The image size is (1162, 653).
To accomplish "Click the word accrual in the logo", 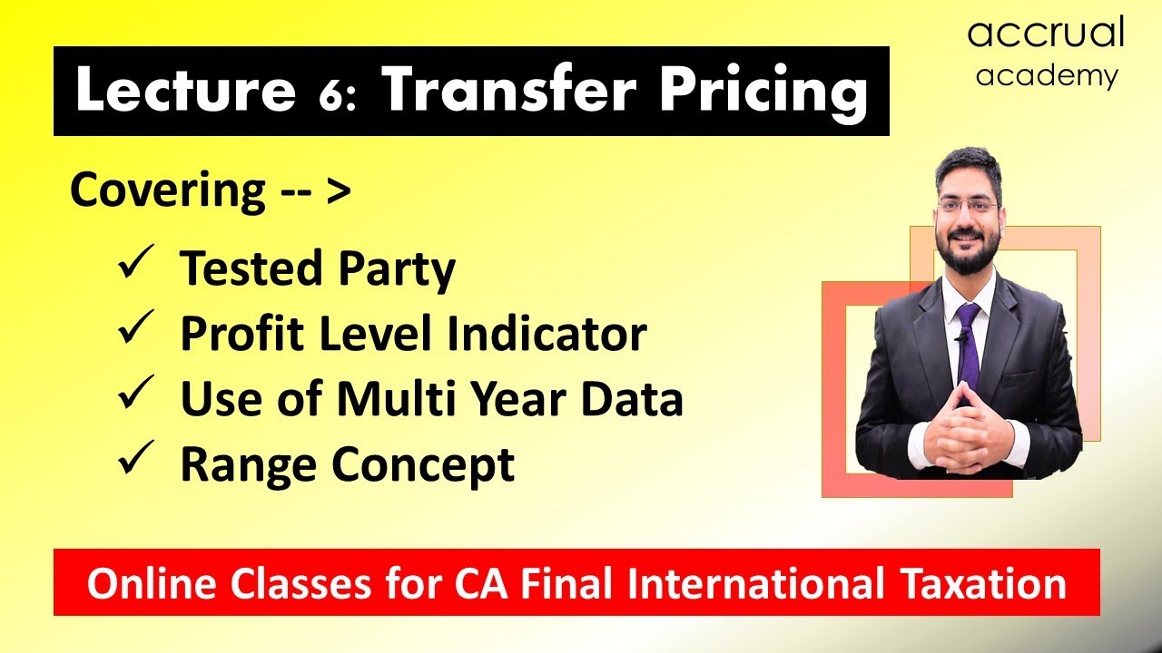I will click(1046, 34).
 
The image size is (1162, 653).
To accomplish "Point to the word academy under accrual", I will click(1047, 76).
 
